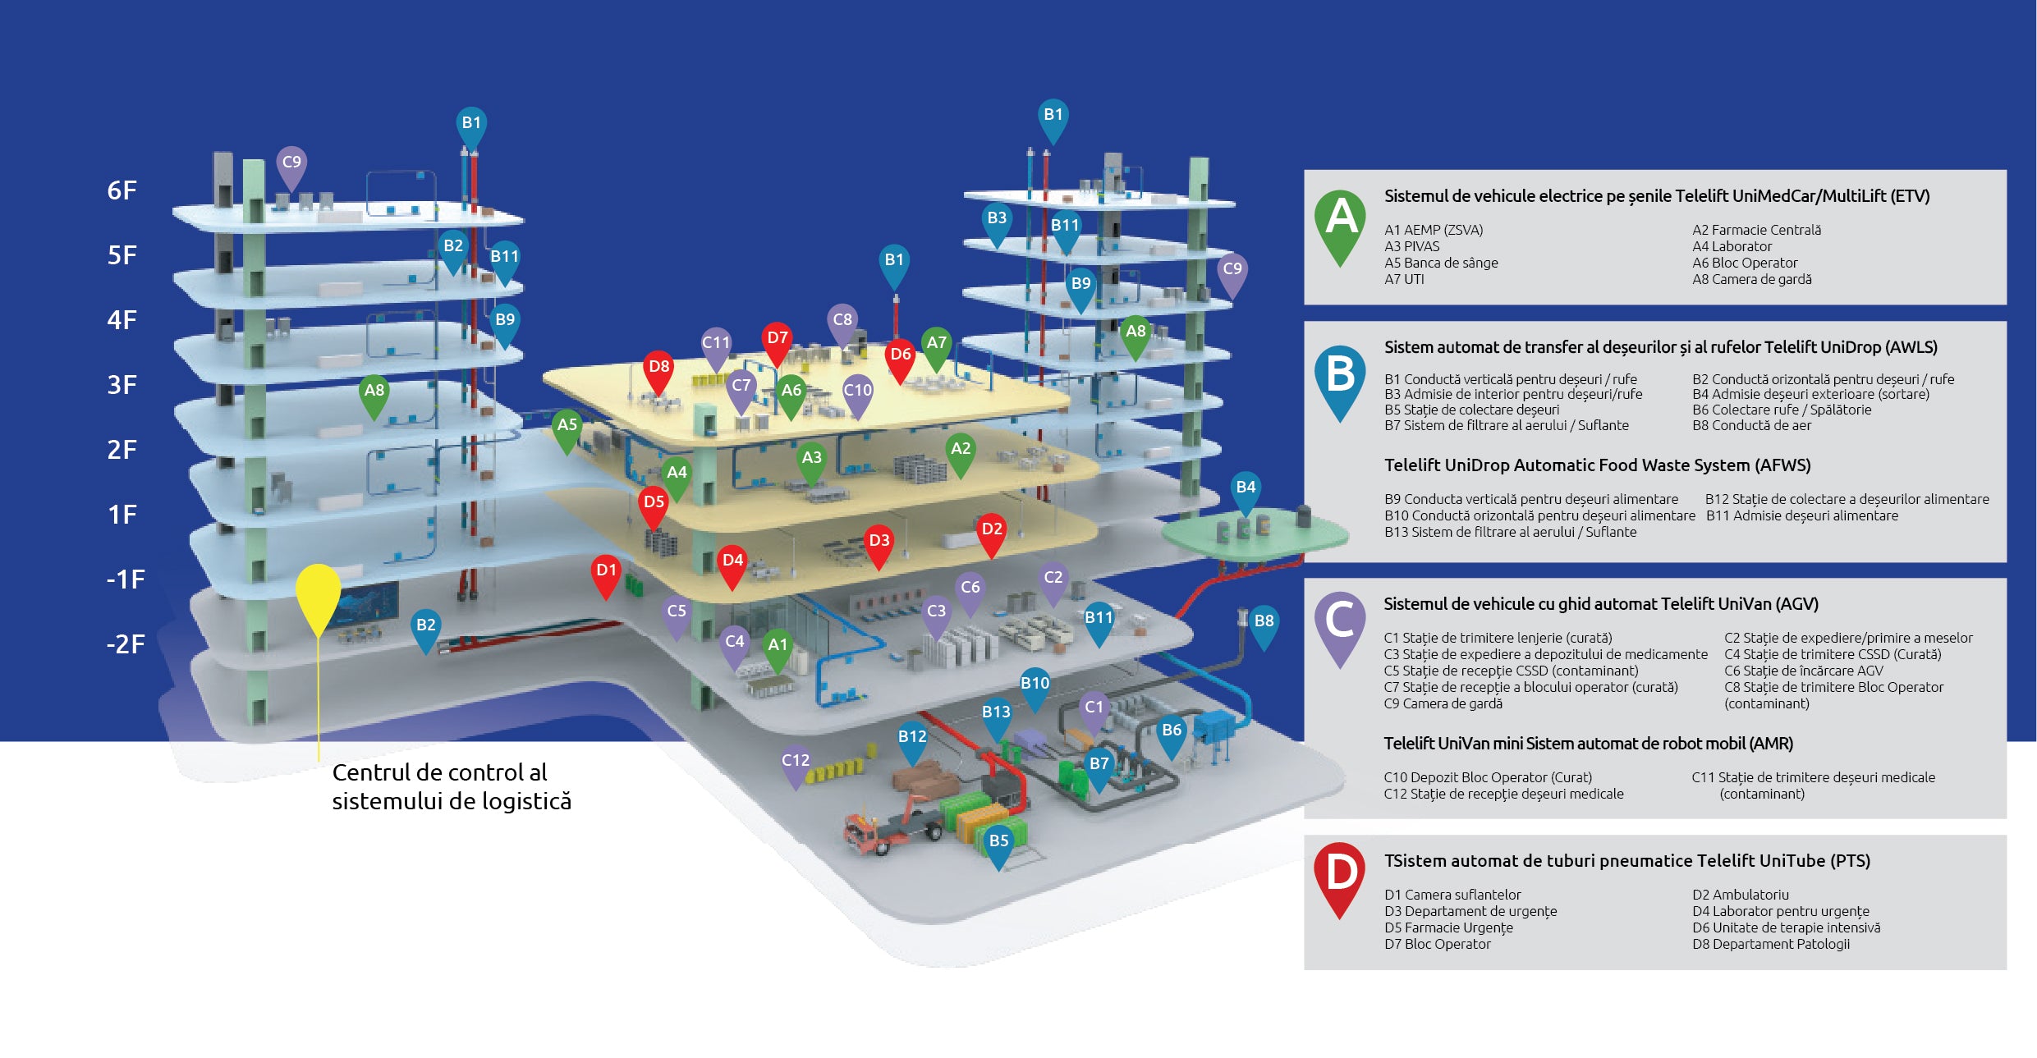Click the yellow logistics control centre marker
click(318, 596)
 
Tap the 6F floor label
click(122, 190)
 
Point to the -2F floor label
click(125, 644)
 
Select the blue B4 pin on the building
click(1245, 489)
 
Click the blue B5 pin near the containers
click(998, 843)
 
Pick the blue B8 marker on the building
click(1264, 623)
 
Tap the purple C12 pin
click(795, 763)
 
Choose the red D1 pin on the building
click(606, 572)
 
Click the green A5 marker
click(567, 427)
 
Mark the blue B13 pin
click(996, 714)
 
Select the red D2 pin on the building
click(991, 531)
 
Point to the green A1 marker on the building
click(777, 647)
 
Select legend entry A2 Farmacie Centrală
click(1756, 230)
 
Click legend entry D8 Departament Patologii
click(1770, 944)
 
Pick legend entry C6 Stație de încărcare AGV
click(1803, 671)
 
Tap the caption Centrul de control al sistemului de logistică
click(451, 786)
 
